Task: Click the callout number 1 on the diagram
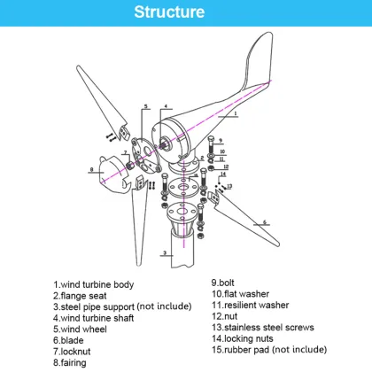click(235, 114)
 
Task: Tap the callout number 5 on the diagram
click(146, 105)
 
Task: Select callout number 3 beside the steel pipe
click(165, 252)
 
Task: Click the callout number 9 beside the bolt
click(224, 139)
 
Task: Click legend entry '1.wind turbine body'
click(93, 284)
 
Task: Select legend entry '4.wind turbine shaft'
click(97, 316)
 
